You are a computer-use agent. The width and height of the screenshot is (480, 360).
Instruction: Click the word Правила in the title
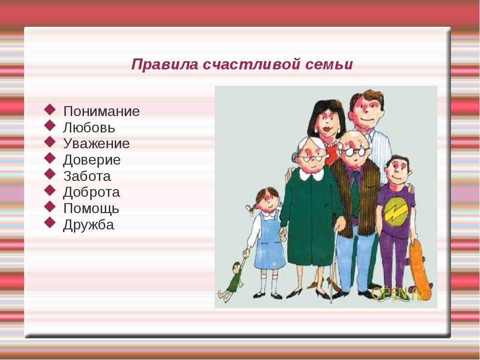(165, 65)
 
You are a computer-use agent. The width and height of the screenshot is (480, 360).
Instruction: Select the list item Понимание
(101, 112)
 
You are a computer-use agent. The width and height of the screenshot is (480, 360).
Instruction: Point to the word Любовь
(89, 127)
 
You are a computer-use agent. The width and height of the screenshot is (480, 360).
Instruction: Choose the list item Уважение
(97, 144)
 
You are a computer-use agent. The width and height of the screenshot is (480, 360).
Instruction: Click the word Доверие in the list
(92, 160)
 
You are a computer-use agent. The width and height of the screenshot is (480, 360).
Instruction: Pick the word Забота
(87, 176)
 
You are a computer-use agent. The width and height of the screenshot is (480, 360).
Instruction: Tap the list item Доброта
(92, 192)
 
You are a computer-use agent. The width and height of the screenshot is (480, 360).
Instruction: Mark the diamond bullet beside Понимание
(50, 109)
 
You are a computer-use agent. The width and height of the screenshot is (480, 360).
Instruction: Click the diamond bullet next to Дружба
(50, 222)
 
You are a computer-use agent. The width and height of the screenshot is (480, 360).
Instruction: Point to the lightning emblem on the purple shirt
(395, 211)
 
